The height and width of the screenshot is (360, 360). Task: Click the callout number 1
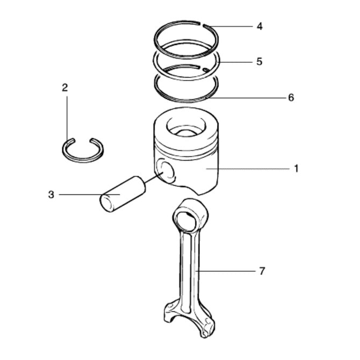click(296, 168)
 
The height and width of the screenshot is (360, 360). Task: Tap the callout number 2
click(65, 88)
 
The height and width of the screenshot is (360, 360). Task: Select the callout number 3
click(51, 195)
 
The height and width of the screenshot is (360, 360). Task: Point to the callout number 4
click(260, 26)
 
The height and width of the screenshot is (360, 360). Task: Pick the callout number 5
click(260, 61)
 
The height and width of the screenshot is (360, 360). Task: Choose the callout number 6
click(291, 97)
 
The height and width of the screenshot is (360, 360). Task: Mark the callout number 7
click(262, 271)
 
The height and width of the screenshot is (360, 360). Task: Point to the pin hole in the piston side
click(167, 170)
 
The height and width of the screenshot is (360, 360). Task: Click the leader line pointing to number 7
click(226, 271)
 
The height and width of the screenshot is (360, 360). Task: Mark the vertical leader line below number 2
click(67, 116)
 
